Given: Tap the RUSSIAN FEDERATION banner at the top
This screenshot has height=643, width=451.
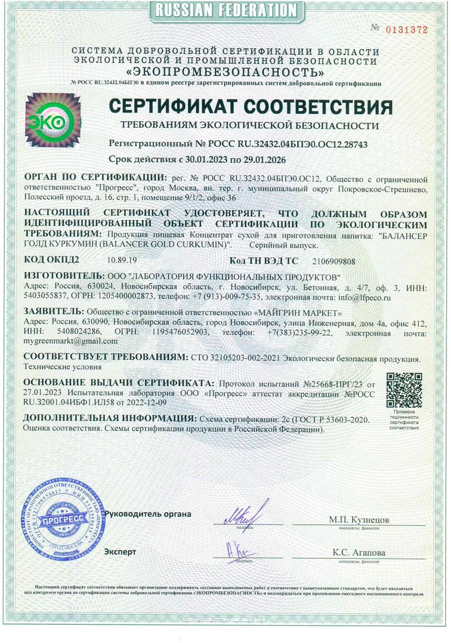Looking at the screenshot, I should [x=225, y=10].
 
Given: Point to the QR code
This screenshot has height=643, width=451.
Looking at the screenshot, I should [x=403, y=389].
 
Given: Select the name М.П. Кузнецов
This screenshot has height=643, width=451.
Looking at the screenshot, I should [x=359, y=520].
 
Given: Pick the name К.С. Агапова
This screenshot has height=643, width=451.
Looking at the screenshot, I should [x=359, y=553].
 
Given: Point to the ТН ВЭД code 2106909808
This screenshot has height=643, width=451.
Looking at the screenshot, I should [x=338, y=261].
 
